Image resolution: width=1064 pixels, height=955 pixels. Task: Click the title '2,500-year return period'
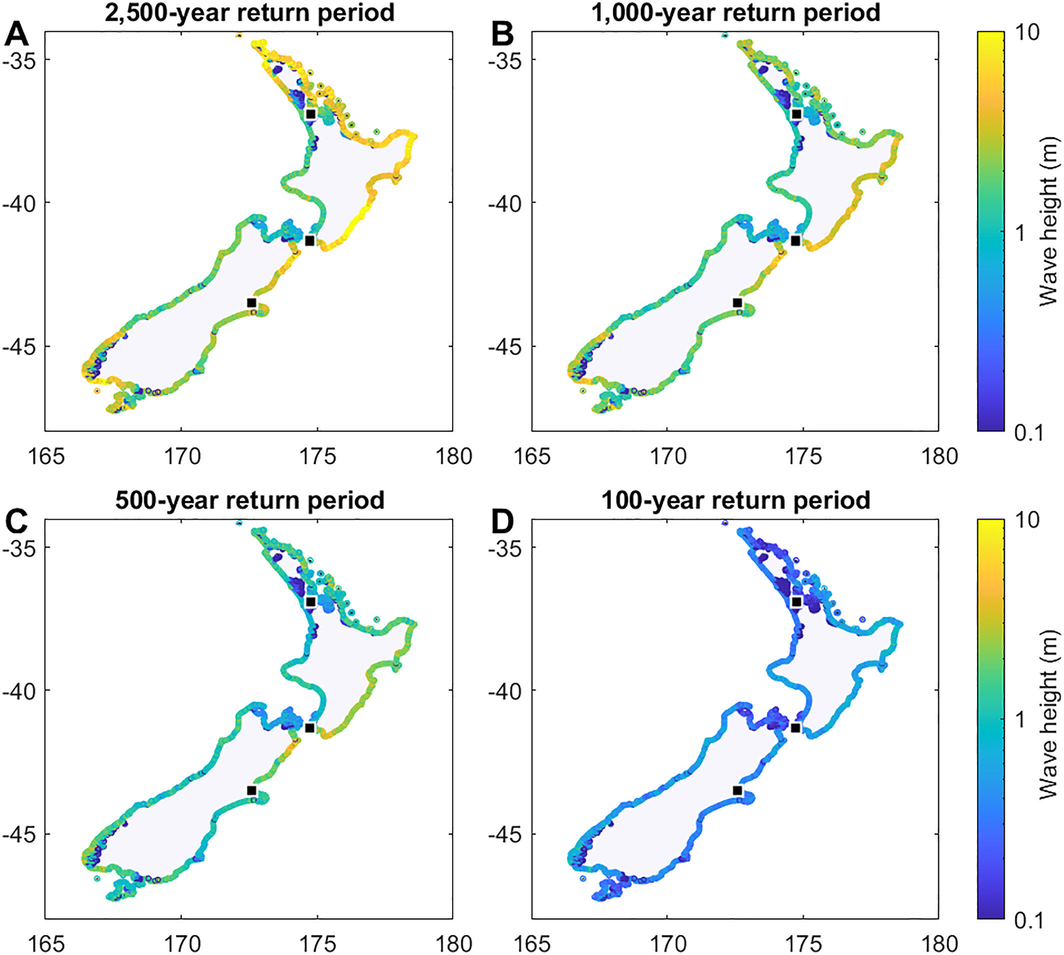click(250, 12)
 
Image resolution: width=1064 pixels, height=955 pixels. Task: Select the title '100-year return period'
click(735, 500)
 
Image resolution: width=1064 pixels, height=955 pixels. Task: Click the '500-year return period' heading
click(250, 500)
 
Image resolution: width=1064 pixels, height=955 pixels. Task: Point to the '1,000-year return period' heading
click(735, 12)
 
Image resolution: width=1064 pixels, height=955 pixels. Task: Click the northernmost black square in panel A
click(310, 114)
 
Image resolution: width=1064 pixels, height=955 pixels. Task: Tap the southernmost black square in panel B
click(737, 303)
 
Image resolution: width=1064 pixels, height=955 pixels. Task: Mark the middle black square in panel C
click(309, 728)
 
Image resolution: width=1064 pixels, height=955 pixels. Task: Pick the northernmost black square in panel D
click(796, 602)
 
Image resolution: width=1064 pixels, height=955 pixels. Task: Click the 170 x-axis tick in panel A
click(181, 457)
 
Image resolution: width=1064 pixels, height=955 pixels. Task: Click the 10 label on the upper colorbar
click(1027, 32)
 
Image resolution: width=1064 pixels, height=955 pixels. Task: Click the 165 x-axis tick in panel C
click(46, 944)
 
